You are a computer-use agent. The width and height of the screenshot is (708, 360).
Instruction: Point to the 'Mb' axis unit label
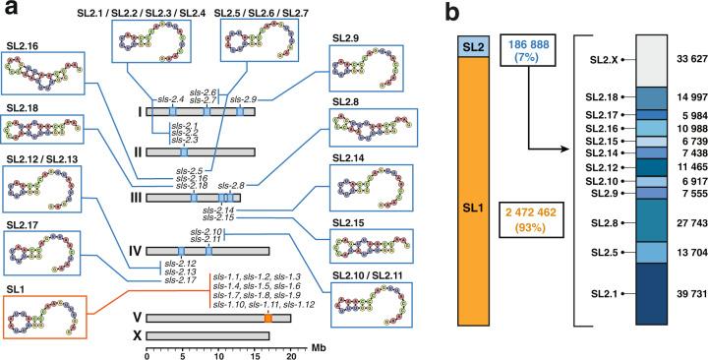[x=318, y=349]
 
